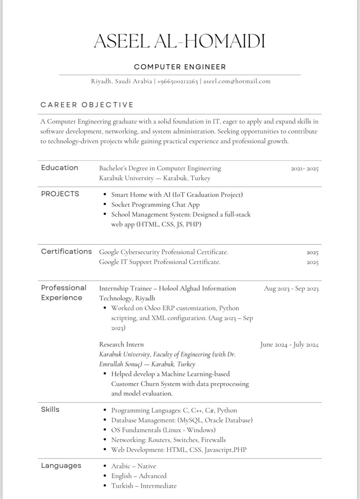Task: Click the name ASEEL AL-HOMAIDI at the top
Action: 180,41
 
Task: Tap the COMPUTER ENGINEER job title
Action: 180,67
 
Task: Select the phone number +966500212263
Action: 178,81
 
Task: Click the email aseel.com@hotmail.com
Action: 237,81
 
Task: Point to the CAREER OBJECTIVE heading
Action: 87,105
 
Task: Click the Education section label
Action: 59,168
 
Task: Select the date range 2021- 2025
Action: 304,169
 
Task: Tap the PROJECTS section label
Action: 60,194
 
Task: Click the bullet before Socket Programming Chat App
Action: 105,204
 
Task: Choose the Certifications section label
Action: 66,251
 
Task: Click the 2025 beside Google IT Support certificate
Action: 312,262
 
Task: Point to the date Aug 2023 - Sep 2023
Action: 291,289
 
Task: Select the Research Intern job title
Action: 121,344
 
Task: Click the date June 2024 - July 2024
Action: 289,345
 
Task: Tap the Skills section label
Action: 50,409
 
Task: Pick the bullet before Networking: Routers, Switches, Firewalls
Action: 105,440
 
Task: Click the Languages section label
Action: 61,466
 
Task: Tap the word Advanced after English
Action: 153,476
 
